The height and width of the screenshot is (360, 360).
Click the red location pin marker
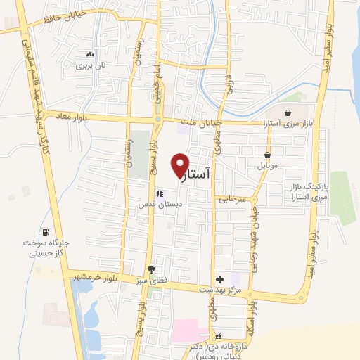coord(181,165)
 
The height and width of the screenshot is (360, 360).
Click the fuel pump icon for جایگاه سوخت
coord(46,233)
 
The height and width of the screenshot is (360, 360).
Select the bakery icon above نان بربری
coord(89,54)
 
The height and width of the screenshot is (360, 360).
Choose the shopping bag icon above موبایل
coord(268,155)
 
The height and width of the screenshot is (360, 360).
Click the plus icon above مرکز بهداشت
coord(219,279)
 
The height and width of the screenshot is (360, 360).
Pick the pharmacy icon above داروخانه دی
coord(218,336)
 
